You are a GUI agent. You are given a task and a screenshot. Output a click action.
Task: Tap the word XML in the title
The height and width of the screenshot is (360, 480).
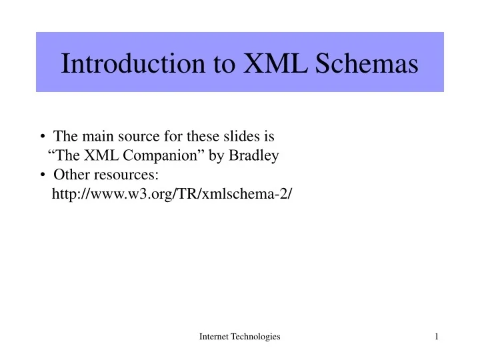coord(269,63)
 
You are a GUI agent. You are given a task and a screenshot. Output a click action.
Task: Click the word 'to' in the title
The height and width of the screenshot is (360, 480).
coord(223,63)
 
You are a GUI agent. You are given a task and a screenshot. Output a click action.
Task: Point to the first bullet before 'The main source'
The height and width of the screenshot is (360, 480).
coord(43,137)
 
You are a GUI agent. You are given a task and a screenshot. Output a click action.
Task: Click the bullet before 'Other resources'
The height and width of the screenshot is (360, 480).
coord(43,175)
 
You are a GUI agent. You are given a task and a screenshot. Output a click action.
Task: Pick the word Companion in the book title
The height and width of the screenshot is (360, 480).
coord(147,156)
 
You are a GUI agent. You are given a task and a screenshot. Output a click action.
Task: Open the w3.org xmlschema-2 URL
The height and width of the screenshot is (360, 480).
coord(172,194)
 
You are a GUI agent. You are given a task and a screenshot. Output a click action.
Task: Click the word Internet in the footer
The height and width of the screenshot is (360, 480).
coord(215,337)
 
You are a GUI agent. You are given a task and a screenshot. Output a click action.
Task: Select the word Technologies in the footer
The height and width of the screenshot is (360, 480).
coord(257,337)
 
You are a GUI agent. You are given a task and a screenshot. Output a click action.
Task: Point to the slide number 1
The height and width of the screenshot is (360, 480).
coord(436,337)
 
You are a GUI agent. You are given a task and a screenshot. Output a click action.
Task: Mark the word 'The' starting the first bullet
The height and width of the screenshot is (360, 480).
coord(65,137)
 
